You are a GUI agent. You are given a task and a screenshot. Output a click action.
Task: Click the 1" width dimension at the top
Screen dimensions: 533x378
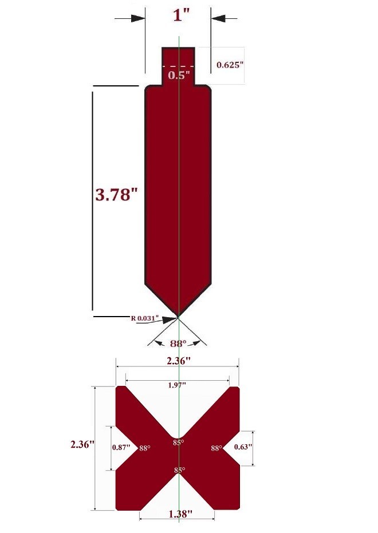pos(182,15)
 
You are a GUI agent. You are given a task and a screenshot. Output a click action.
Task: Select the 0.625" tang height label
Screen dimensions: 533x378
pos(230,65)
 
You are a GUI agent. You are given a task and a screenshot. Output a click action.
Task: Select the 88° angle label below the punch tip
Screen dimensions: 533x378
pos(178,344)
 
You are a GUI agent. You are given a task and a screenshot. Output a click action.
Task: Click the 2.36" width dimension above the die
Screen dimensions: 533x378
pos(177,361)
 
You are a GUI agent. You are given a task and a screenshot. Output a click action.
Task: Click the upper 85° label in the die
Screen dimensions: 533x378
pos(179,443)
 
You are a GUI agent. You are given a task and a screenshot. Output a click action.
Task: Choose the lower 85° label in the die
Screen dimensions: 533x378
pos(179,470)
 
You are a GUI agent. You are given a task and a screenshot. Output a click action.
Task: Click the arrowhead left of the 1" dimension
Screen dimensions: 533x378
pos(138,18)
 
